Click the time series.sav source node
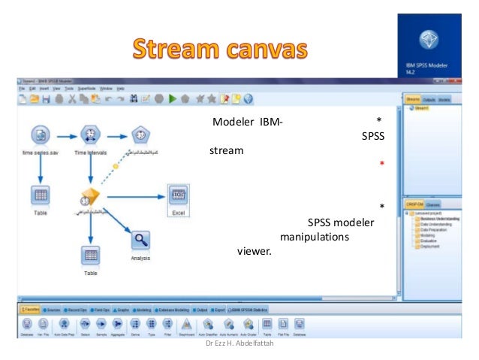point(41,135)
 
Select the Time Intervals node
point(91,135)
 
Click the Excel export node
point(178,197)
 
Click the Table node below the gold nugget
point(91,256)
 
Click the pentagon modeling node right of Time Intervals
point(140,135)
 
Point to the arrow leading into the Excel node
point(135,197)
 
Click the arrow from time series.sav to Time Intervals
point(66,136)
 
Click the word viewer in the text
point(254,252)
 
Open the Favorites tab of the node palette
point(31,309)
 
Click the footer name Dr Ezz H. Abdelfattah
point(238,344)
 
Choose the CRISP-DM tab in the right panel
point(414,204)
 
